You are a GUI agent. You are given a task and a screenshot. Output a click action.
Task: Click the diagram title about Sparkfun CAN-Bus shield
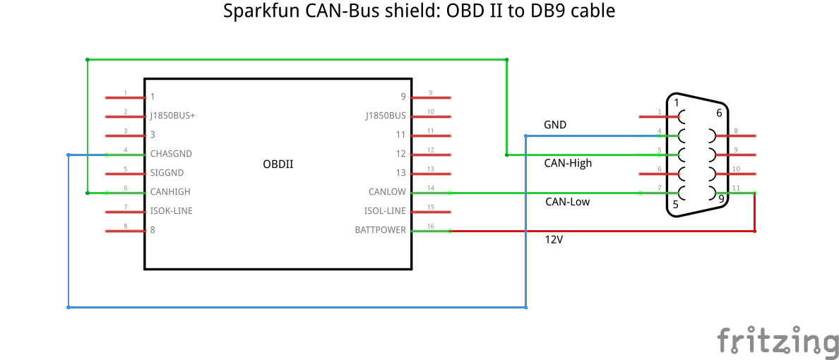pos(419,12)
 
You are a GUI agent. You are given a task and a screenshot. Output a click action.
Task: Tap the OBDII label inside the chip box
pos(278,164)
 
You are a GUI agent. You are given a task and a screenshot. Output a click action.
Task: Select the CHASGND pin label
pos(171,154)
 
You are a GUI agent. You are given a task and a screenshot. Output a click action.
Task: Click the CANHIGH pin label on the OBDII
pos(170,192)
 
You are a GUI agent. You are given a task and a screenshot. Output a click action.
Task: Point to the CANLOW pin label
pos(387,192)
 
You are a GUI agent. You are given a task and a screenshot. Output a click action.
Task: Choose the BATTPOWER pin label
pos(380,230)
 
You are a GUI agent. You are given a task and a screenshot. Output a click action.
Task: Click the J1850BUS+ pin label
pos(172,116)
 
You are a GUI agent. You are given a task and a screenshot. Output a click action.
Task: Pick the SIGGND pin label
pos(167,173)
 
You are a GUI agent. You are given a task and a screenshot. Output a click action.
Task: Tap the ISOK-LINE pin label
pos(171,211)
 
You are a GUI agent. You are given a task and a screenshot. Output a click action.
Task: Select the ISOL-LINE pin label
pos(385,211)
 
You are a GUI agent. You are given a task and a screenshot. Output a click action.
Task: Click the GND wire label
pos(555,125)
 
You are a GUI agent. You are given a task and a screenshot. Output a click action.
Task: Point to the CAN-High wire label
pos(568,163)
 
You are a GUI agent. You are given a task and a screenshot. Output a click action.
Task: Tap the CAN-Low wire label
pos(567,202)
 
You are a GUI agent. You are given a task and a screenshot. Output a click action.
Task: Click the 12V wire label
pos(554,240)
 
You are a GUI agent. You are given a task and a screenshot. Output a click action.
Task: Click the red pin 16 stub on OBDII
pos(431,230)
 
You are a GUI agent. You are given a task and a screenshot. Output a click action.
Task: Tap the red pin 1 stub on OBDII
pos(124,97)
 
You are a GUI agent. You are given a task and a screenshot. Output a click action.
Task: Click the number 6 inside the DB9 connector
pos(719,113)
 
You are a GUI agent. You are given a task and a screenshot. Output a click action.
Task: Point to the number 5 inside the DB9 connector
pos(676,205)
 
